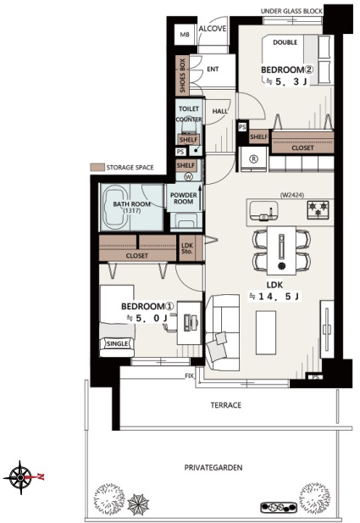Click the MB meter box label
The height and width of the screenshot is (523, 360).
[185, 35]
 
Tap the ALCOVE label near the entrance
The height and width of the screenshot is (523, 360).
[213, 29]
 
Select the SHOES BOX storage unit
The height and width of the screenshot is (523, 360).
[182, 75]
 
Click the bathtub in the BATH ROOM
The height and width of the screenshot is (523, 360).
[115, 207]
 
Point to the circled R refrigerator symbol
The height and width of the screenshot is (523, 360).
[253, 159]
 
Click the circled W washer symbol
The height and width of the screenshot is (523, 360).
[189, 177]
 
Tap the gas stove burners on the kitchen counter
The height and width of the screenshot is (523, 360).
[318, 209]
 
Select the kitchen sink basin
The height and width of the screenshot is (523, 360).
[263, 210]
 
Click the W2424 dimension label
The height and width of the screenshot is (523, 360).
[292, 195]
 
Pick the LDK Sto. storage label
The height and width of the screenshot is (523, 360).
[187, 248]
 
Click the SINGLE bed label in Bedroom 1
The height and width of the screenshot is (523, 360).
[118, 343]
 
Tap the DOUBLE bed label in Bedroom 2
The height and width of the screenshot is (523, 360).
[285, 42]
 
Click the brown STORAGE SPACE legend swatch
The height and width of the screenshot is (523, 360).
[97, 168]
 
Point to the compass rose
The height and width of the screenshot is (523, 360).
[20, 477]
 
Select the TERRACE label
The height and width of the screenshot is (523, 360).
[225, 405]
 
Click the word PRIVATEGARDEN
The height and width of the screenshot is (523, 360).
[213, 468]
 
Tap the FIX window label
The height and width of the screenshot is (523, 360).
[190, 376]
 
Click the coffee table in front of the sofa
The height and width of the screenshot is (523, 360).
[266, 332]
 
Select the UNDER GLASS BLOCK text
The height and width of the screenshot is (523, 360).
[291, 11]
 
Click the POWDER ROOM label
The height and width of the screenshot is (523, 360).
[183, 198]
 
